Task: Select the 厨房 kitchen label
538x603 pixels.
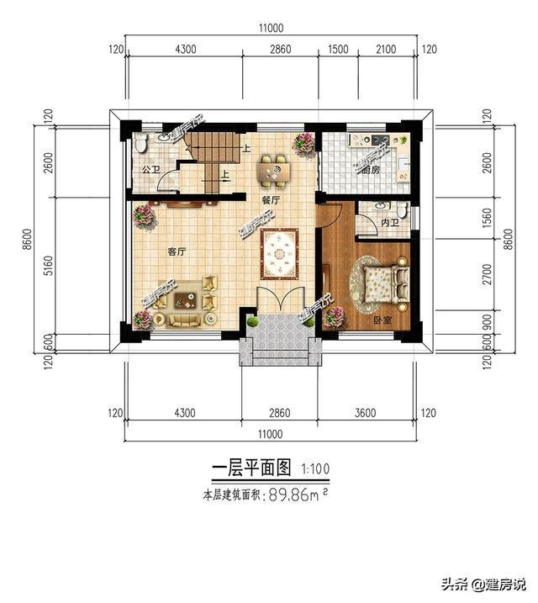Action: [371, 170]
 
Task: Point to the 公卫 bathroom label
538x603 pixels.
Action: [150, 170]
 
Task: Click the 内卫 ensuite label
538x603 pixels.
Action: [388, 224]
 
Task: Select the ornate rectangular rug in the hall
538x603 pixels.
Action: [277, 253]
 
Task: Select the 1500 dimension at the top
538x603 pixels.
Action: [338, 50]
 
